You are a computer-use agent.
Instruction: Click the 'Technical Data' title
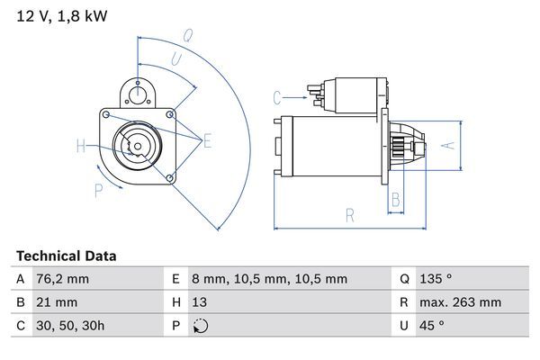click(x=66, y=256)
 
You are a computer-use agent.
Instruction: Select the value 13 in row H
click(x=199, y=303)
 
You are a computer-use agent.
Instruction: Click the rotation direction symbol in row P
click(x=199, y=327)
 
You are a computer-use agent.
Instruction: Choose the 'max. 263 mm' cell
click(x=462, y=303)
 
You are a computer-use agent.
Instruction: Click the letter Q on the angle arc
click(x=188, y=37)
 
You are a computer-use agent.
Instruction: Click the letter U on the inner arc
click(x=175, y=59)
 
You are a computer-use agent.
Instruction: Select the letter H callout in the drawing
click(x=81, y=145)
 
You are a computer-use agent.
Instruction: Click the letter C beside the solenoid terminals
click(x=278, y=96)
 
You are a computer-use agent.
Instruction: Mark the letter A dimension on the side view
click(x=453, y=144)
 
